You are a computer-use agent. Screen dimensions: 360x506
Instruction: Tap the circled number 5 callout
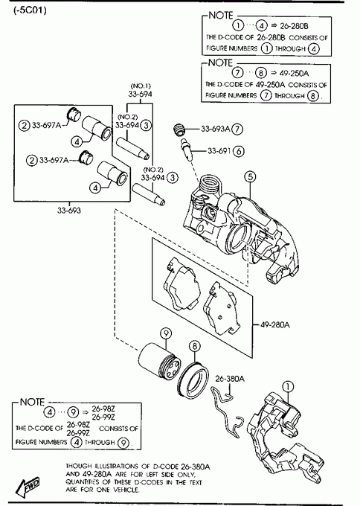point(250,176)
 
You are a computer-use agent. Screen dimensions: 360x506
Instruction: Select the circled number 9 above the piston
point(166,333)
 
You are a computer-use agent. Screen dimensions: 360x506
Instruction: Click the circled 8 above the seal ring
point(195,346)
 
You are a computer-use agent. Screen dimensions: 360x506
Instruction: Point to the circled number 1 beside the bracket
point(288,386)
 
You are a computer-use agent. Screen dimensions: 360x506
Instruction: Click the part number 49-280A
point(274,324)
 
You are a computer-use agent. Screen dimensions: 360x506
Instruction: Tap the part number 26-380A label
point(230,378)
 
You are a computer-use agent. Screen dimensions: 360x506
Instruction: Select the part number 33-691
point(219,151)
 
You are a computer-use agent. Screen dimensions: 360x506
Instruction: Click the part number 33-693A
point(216,129)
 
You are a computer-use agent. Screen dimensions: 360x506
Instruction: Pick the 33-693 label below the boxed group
point(69,211)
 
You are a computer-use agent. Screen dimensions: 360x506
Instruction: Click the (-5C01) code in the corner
point(30,10)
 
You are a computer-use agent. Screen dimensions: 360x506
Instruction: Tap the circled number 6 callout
point(238,151)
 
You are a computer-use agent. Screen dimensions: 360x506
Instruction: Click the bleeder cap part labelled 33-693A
point(179,129)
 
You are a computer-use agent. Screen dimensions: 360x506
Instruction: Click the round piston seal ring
point(193,379)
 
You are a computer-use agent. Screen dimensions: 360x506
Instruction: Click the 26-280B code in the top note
point(294,25)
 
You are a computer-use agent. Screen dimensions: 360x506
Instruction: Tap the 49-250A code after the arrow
point(294,73)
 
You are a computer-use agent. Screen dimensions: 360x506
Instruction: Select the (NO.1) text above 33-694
point(141,86)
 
